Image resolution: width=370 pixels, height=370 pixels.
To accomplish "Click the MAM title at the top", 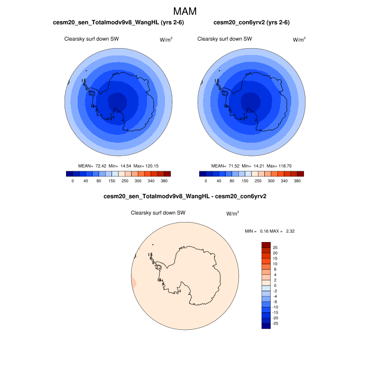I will pos(185,11).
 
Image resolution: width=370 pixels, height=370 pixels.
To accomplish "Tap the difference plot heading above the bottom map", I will pos(184,197).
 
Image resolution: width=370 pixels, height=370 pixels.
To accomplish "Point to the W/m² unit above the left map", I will pos(166,39).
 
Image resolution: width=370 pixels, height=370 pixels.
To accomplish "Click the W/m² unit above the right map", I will pos(299,39).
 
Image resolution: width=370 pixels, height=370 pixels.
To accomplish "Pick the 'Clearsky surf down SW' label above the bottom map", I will pos(158,212).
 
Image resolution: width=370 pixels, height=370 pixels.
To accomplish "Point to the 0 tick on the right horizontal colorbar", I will pos(206,181).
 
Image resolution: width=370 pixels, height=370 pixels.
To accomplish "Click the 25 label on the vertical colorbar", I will pos(275,247).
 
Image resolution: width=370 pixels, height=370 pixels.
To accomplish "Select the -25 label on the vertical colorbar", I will pos(276,322).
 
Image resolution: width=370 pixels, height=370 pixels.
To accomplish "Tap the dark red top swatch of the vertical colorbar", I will pos(266,245).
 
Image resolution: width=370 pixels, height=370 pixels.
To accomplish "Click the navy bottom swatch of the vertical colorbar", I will pos(266,326).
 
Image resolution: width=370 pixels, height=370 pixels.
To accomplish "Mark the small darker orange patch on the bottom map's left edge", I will pos(133,283).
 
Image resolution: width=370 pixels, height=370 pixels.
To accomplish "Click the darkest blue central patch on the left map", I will pos(117,100).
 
